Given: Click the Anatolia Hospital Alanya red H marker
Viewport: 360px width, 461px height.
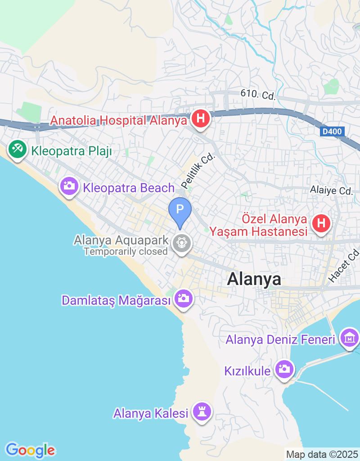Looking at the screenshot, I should coord(201,119).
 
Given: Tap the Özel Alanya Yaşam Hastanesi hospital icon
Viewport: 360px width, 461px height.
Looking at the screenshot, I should coord(321,223).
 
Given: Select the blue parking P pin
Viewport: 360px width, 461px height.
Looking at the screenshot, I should coord(180,210).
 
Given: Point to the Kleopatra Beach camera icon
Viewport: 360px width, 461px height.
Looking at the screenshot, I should coord(69,186).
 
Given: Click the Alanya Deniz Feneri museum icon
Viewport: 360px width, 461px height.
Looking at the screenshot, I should coord(350,337).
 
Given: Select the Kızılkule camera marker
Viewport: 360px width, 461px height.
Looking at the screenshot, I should coord(284,370).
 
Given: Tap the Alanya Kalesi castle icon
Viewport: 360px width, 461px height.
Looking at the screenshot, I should coord(202,411).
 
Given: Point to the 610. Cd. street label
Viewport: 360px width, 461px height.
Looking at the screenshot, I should coord(258,95).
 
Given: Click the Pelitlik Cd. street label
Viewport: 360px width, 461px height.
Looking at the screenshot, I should coord(198,172).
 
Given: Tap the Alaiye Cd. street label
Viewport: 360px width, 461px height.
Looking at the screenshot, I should coord(332,190).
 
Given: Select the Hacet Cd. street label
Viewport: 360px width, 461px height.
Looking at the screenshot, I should coord(345,266).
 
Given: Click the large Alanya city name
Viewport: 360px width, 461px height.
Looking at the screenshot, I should coord(254,279).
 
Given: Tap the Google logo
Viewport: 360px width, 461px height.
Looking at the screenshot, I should coord(30,450).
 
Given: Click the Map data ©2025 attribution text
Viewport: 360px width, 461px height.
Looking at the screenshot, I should coord(321,455).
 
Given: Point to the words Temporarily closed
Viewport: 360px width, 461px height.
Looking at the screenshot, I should coord(126,251).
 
